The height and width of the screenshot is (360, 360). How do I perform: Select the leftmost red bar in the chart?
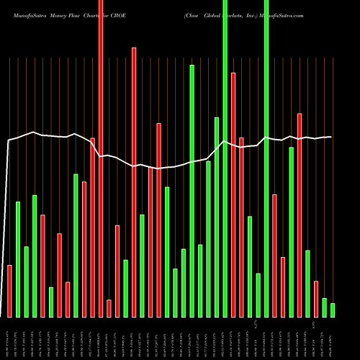[10, 291]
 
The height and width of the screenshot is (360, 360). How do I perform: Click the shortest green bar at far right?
[333, 310]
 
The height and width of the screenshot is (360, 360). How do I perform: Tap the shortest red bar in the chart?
[109, 308]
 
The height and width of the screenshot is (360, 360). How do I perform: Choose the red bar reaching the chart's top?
[101, 158]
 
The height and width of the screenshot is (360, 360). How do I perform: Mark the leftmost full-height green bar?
[225, 158]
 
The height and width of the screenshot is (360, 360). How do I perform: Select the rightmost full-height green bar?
[266, 158]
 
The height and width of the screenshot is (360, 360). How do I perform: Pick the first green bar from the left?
[18, 259]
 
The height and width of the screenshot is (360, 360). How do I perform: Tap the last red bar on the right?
[316, 299]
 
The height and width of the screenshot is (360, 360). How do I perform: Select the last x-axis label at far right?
[333, 338]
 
